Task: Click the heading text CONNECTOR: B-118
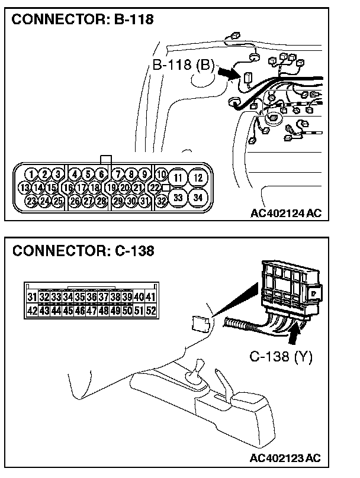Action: click(82, 20)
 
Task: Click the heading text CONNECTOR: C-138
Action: click(83, 251)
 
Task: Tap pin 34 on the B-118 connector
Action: click(198, 197)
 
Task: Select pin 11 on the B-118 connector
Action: click(178, 177)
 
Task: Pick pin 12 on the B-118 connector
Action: click(198, 177)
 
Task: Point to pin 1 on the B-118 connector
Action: click(31, 175)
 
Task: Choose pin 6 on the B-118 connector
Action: click(101, 175)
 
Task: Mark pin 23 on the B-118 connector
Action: click(31, 201)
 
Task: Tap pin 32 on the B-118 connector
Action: click(161, 201)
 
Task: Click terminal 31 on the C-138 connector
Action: click(32, 297)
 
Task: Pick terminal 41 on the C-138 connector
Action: click(150, 297)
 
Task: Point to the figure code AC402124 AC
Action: click(285, 213)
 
